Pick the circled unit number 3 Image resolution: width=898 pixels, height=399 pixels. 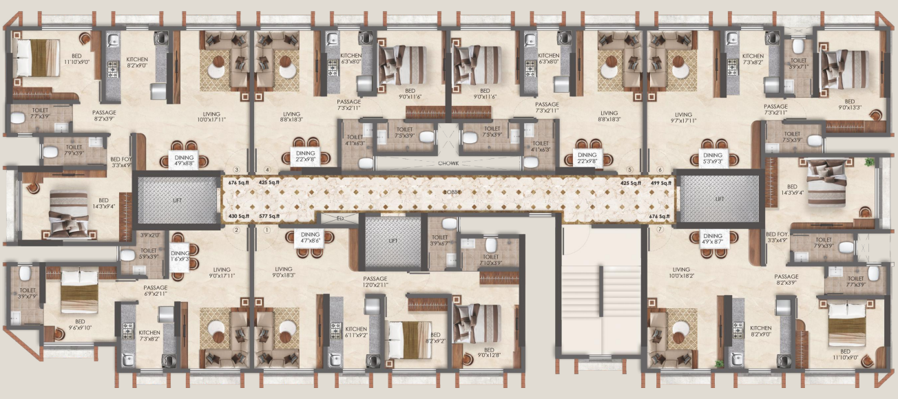(x=236, y=170)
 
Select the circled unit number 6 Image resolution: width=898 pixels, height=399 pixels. (x=660, y=170)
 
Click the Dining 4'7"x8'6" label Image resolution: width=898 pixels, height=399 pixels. (x=311, y=238)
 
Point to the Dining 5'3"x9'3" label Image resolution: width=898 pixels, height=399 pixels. (x=712, y=159)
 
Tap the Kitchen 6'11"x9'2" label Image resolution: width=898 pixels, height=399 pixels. (x=356, y=332)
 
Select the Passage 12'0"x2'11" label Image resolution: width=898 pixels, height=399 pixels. (x=375, y=282)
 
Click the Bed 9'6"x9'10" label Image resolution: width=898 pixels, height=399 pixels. (x=80, y=325)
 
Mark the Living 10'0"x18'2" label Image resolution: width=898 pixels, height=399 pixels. (x=681, y=274)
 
